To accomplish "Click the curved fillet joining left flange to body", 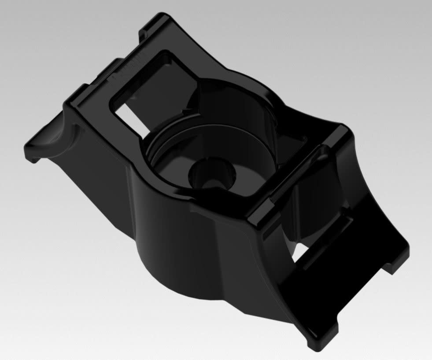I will [66, 136].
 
